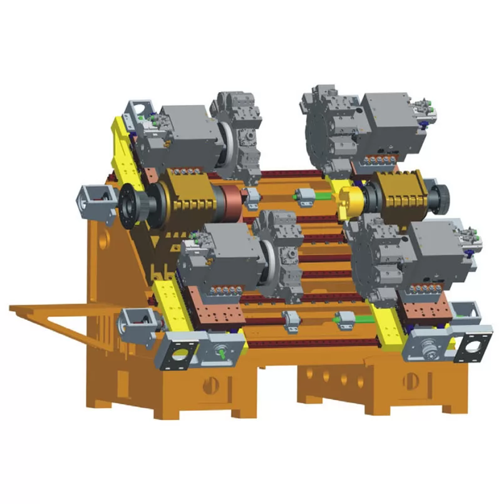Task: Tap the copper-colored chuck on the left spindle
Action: (231, 204)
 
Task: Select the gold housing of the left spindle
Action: (188, 197)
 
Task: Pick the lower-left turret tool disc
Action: (282, 257)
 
